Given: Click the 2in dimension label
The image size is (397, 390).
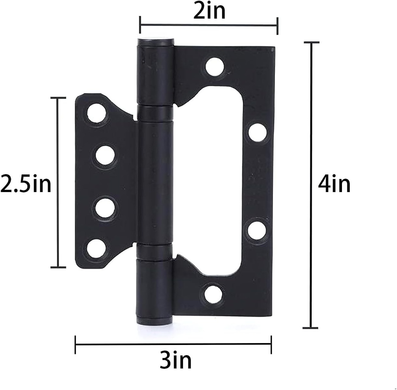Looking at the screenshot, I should coord(209,11).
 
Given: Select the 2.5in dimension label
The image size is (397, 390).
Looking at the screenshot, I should coord(26,184).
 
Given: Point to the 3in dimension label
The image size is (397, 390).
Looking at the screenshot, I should coord(175,361).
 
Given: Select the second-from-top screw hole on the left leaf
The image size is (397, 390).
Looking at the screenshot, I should coord(105,156).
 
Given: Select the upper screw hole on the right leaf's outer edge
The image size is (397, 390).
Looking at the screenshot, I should coord(257,132).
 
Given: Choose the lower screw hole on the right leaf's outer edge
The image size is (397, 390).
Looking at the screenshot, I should coord(257,231).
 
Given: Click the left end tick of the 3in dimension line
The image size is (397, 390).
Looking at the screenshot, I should coord(75,344).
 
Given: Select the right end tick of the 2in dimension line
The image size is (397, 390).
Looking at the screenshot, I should coord(277,26).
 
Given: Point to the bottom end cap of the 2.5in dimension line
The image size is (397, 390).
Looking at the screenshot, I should coord(58,267).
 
